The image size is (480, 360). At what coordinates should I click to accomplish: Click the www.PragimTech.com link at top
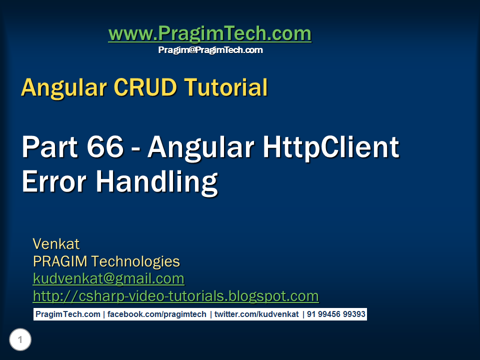[209, 34]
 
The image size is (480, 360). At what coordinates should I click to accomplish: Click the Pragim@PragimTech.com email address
[210, 50]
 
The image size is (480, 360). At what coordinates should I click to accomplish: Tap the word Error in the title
[54, 181]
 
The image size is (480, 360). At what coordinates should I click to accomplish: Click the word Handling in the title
[157, 181]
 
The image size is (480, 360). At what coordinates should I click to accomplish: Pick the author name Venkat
[56, 244]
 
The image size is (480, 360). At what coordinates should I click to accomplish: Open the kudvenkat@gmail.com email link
[108, 278]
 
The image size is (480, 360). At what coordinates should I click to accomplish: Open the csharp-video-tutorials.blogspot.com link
[175, 296]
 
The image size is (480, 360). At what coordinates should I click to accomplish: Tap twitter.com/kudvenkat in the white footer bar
[256, 314]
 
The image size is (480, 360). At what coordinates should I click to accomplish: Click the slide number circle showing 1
[20, 340]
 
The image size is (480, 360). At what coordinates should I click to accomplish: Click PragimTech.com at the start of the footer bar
[67, 314]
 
